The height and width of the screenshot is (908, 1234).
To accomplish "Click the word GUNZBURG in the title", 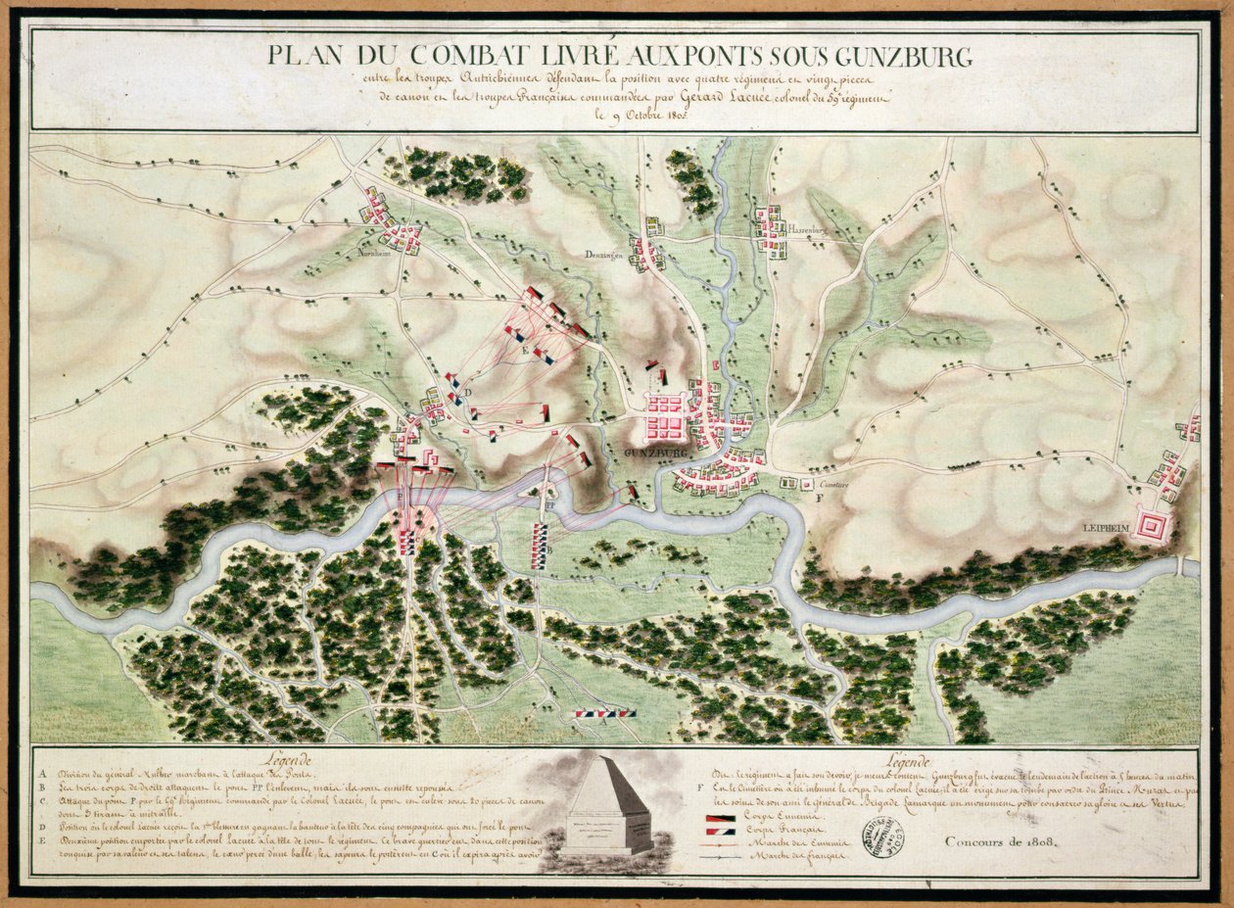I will [x=893, y=56].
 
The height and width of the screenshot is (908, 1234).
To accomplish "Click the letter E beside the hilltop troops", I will [x=525, y=350].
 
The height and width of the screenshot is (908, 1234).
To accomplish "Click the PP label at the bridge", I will [x=550, y=503].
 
